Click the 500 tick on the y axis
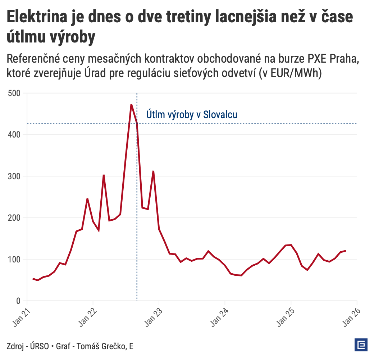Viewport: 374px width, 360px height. (14, 93)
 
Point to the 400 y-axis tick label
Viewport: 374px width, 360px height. (14, 135)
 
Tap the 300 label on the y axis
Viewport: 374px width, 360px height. (14, 176)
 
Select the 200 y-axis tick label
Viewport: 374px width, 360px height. (14, 218)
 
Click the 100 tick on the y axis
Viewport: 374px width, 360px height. (14, 259)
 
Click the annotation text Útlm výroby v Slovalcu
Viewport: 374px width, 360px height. (192, 114)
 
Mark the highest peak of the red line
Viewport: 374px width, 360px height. (131, 104)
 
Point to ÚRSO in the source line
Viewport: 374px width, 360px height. (38, 346)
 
